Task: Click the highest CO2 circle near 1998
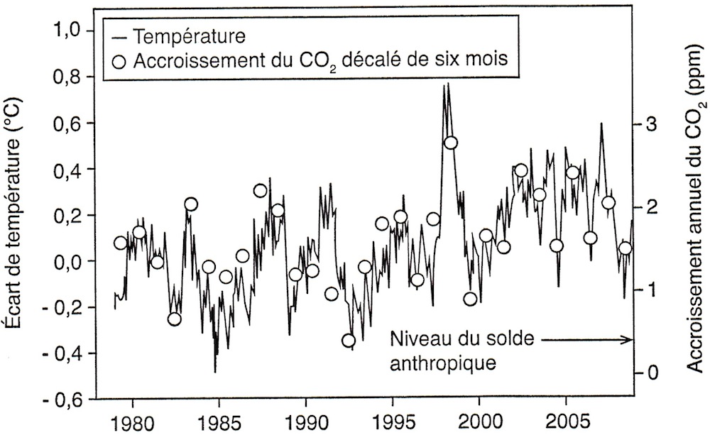coord(450,143)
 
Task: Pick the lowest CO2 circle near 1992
coord(349,341)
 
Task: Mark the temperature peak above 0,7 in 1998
coord(447,84)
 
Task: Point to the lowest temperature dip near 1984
coord(215,371)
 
